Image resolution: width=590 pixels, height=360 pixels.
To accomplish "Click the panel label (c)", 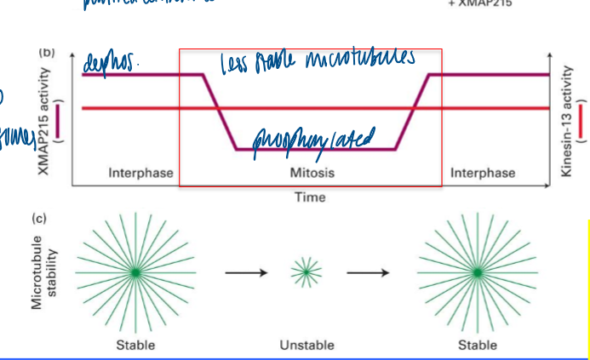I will (40, 219).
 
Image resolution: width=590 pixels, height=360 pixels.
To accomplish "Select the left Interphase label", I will (140, 173).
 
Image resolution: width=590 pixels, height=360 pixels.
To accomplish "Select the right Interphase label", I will (483, 173).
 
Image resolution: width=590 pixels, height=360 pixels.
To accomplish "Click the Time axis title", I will (310, 197).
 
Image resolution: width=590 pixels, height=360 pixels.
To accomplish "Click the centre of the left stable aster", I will (135, 272).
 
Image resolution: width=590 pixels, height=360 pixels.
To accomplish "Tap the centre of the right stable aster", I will (478, 272).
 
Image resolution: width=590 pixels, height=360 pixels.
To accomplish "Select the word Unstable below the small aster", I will (306, 345).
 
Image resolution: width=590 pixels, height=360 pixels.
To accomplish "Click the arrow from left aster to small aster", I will (247, 272).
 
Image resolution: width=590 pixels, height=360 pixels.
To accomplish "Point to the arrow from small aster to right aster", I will (367, 272).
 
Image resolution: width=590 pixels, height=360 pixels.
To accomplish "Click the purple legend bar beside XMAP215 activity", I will (58, 120).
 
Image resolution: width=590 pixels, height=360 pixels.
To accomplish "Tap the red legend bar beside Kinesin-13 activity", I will (581, 120).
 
